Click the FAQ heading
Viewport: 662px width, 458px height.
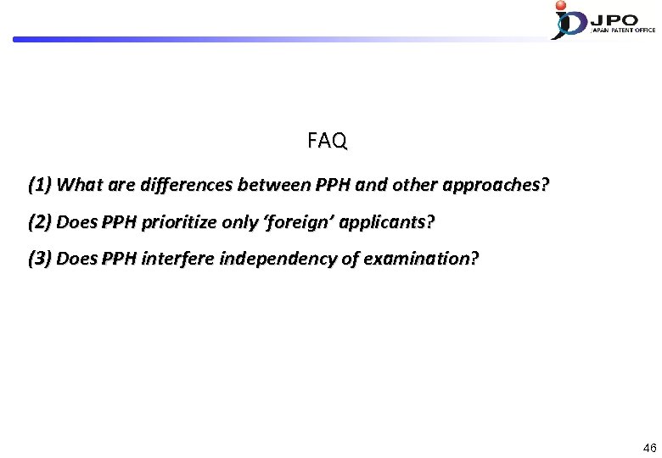tap(327, 141)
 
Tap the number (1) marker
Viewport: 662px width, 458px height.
tap(41, 184)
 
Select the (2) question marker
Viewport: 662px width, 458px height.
tap(41, 222)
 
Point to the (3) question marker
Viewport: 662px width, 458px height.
tap(41, 259)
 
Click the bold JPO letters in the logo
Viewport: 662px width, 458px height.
tap(617, 17)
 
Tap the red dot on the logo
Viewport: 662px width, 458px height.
tap(560, 5)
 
